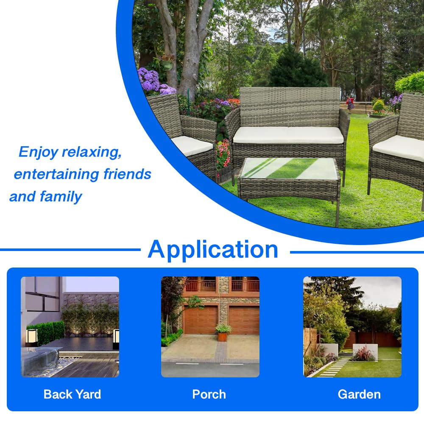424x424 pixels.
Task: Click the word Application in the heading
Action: point(213,249)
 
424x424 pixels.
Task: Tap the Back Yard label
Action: point(72,394)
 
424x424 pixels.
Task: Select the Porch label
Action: point(209,394)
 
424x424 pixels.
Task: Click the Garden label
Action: point(359,394)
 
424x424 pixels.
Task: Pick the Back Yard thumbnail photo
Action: point(70,326)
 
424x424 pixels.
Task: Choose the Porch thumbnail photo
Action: point(210,326)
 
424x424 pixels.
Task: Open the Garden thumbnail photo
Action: point(352,326)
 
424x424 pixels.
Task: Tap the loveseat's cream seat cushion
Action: point(288,135)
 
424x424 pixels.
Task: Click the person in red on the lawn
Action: point(350,103)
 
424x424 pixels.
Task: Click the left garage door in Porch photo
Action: point(201,319)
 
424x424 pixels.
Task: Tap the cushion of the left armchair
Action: point(192,145)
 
